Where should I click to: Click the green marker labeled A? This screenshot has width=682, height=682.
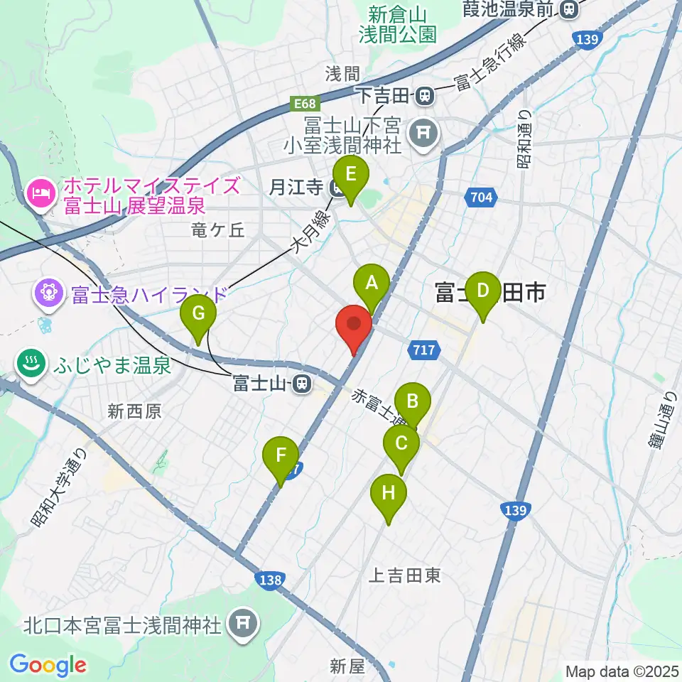click(x=370, y=284)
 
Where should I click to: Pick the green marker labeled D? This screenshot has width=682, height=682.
click(x=483, y=291)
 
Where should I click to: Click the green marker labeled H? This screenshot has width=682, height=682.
click(x=389, y=494)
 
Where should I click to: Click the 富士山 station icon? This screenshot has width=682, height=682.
click(x=303, y=384)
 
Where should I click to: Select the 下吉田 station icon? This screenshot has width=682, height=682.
click(x=425, y=93)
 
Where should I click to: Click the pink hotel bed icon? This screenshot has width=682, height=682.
click(x=40, y=191)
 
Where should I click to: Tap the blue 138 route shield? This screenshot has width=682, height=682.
click(x=271, y=580)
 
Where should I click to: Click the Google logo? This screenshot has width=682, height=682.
click(x=48, y=665)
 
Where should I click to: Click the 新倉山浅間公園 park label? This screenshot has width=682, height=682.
click(x=402, y=23)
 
